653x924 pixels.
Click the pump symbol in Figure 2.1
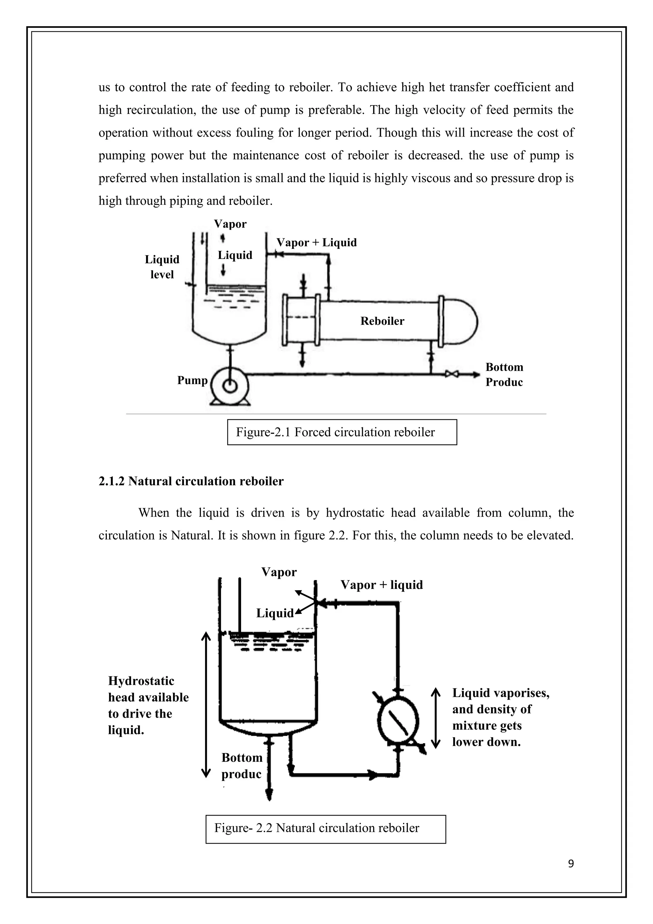point(230,385)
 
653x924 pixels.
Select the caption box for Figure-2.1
point(342,432)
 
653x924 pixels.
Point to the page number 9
point(570,864)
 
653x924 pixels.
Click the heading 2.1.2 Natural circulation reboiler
point(191,481)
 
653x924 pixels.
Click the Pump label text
point(192,380)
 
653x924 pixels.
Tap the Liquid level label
point(162,267)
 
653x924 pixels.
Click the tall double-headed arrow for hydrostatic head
point(206,704)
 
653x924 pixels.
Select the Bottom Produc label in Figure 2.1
point(504,374)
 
